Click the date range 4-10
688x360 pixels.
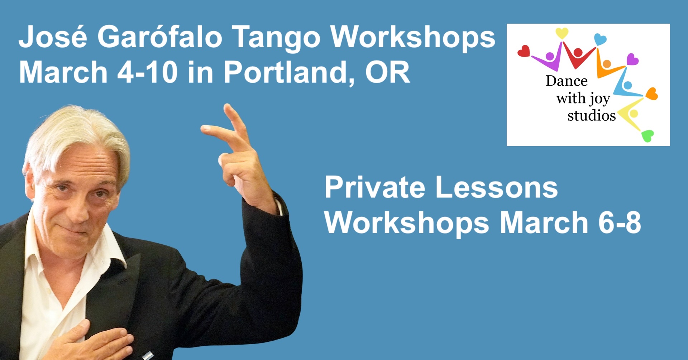pos(147,72)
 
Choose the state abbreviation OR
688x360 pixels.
pos(388,72)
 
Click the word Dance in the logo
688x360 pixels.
pos(567,81)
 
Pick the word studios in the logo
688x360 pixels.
pos(592,115)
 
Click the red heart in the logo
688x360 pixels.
pos(524,51)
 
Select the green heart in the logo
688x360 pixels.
pos(648,136)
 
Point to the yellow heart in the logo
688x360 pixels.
pos(562,33)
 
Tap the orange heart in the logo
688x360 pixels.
pos(652,94)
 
